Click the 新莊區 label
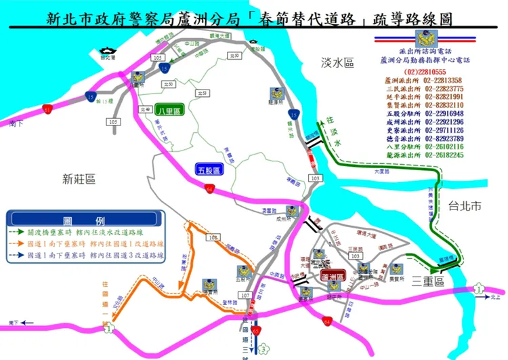79,179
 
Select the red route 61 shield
47,108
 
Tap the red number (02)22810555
425,72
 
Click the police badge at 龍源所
276,94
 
